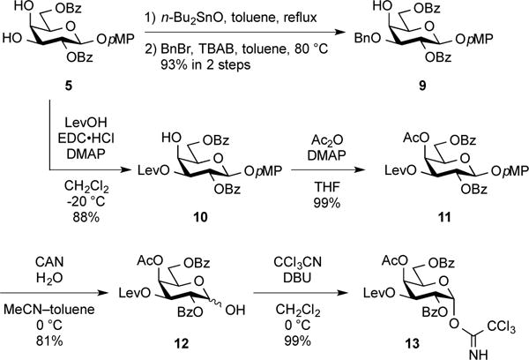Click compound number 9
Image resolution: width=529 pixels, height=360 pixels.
[435, 88]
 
